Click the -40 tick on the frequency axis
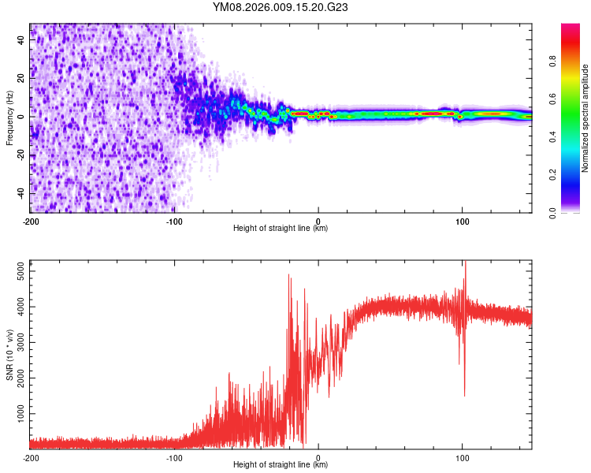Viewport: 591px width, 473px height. point(20,193)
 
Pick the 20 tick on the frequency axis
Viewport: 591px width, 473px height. point(21,79)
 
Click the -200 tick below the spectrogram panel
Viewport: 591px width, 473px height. point(30,221)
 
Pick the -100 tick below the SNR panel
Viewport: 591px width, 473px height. point(174,457)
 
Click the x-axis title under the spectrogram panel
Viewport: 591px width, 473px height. point(281,229)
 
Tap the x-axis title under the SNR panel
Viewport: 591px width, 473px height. point(281,465)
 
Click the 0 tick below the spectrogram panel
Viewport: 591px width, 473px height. point(318,221)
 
